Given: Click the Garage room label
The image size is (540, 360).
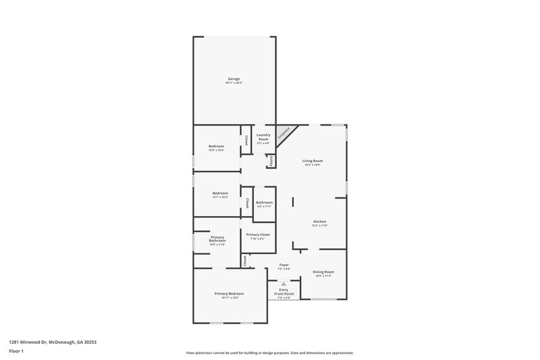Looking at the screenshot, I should coord(234,79).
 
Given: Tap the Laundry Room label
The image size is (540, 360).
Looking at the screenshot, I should coord(263,137).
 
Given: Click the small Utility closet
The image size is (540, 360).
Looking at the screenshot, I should coord(271,161).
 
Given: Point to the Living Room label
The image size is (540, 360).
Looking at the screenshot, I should coord(313,161).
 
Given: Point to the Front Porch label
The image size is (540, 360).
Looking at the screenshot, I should coord(283,292).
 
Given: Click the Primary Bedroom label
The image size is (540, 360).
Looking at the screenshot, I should coord(229,294).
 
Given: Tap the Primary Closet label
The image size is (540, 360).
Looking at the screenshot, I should coord(258,234).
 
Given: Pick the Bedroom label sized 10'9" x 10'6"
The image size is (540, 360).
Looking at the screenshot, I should coord(216,147).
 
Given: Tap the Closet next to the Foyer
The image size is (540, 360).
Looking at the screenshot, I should coord(244,259).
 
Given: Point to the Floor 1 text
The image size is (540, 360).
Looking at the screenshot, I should coord(16,352).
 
